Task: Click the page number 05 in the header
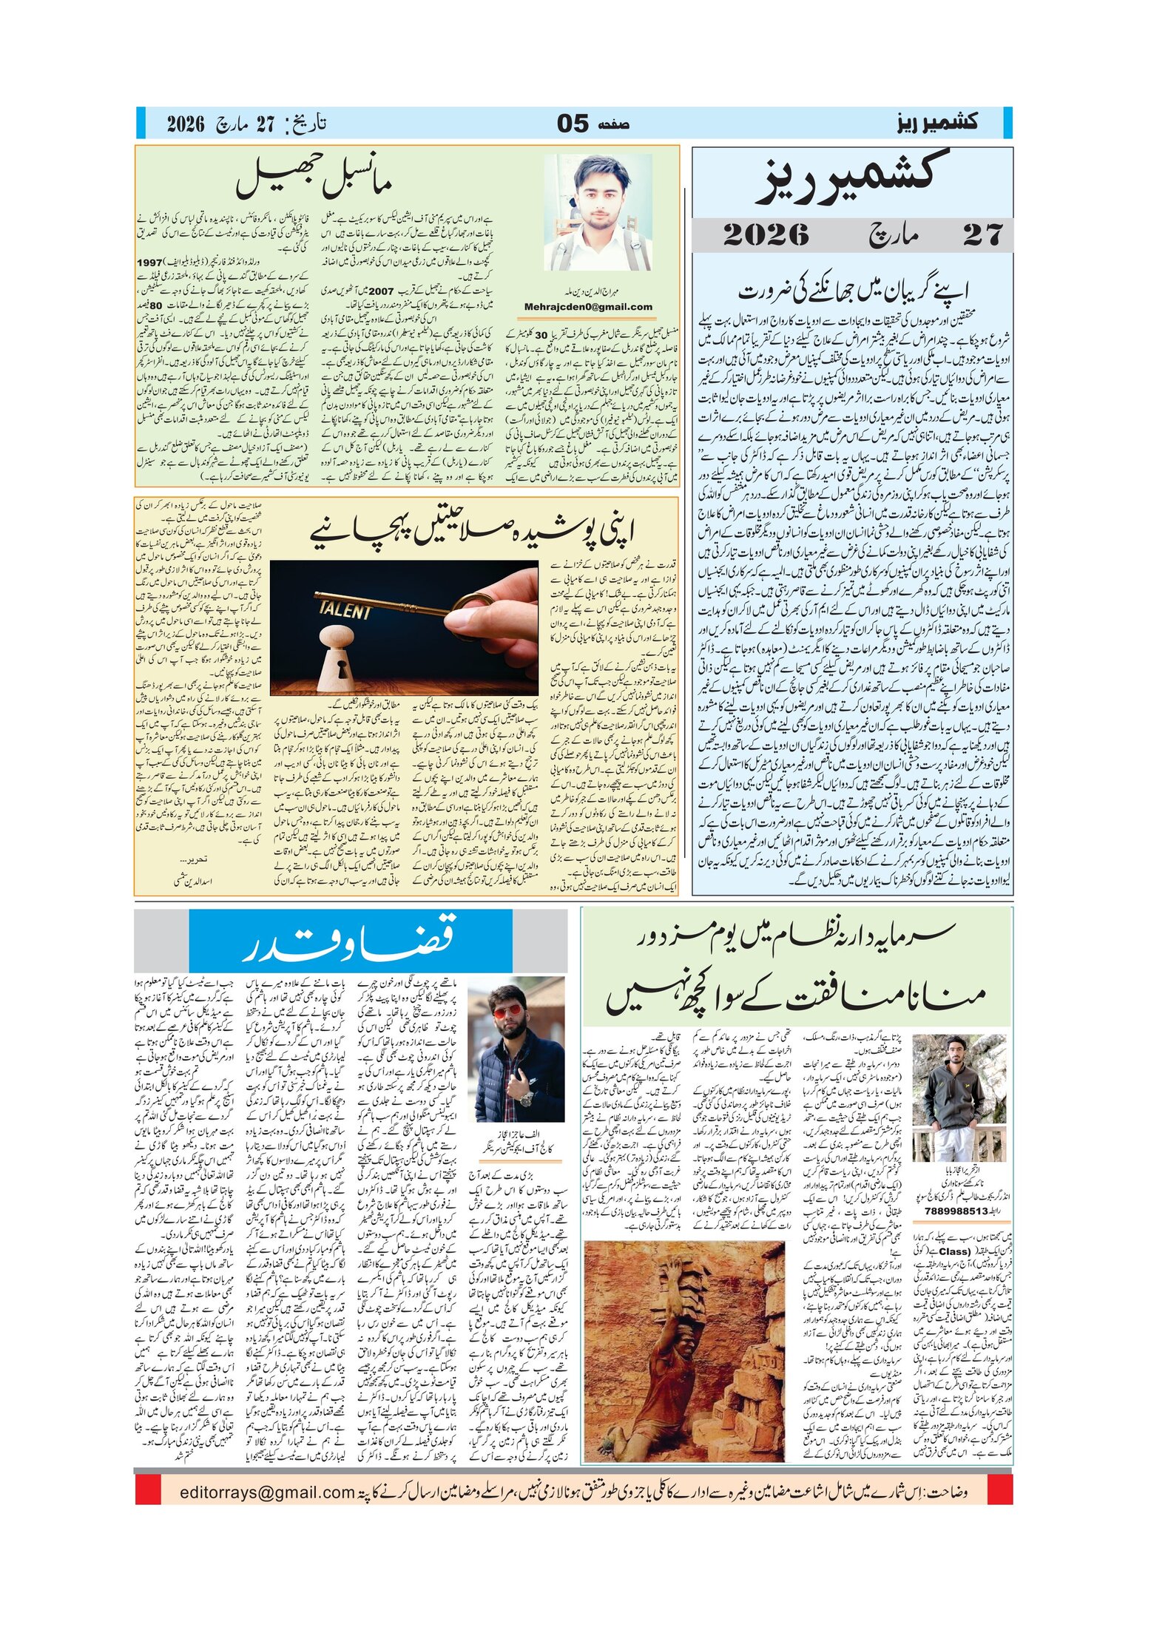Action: tap(573, 124)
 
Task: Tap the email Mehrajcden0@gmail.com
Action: tap(588, 307)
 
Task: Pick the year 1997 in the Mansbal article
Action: tap(149, 263)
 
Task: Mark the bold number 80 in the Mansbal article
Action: tap(156, 305)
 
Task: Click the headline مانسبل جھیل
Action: tap(314, 180)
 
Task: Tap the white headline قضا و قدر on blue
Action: tap(350, 941)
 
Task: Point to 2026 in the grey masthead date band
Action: tap(766, 235)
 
